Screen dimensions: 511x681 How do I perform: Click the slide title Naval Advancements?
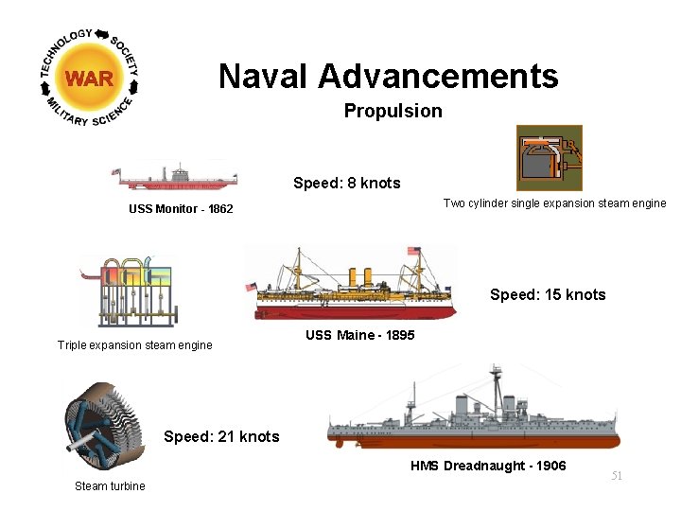click(x=388, y=76)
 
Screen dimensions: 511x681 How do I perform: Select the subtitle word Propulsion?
click(x=393, y=111)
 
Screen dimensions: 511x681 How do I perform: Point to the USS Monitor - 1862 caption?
click(x=181, y=208)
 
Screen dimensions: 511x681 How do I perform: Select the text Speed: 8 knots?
click(x=346, y=183)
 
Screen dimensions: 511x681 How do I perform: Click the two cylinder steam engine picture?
click(x=549, y=158)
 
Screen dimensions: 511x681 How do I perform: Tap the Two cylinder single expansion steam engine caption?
click(x=554, y=203)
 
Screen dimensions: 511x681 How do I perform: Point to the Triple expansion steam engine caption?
click(x=134, y=345)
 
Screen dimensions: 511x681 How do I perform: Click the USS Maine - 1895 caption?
click(x=359, y=335)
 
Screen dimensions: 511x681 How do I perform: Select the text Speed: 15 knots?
click(x=548, y=294)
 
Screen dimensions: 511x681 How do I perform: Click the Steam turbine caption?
click(x=110, y=486)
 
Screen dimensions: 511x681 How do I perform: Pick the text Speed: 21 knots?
click(x=221, y=436)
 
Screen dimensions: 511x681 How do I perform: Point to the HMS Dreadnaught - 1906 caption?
click(x=488, y=466)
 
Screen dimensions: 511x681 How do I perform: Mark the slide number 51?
click(x=617, y=476)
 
